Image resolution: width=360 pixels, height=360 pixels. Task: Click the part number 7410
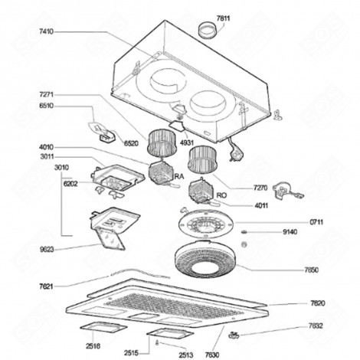point(47,31)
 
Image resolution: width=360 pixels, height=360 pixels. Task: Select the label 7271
point(47,94)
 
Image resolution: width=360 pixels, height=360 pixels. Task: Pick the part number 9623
point(47,249)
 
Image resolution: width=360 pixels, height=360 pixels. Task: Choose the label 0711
point(316,221)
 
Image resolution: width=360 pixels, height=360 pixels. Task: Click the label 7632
point(316,326)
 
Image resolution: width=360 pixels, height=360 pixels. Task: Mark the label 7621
point(47,286)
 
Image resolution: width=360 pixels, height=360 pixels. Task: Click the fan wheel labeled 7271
point(162,141)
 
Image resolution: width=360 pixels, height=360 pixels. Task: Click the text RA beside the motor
point(180,176)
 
